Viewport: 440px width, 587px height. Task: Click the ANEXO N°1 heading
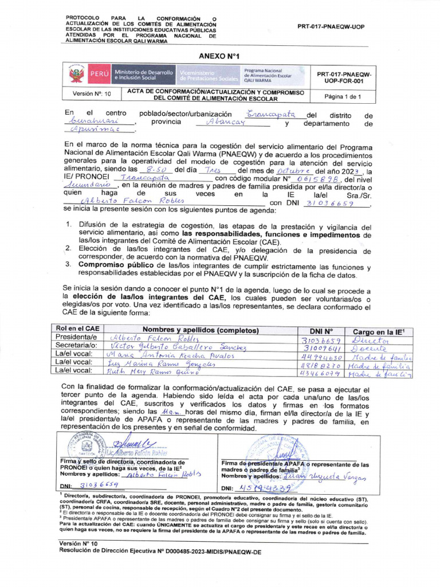(218, 56)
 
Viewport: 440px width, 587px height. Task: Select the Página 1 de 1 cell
(343, 96)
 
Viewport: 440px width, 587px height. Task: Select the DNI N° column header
(321, 330)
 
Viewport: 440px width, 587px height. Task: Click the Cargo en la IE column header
(379, 331)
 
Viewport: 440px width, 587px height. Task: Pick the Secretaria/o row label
(77, 346)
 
